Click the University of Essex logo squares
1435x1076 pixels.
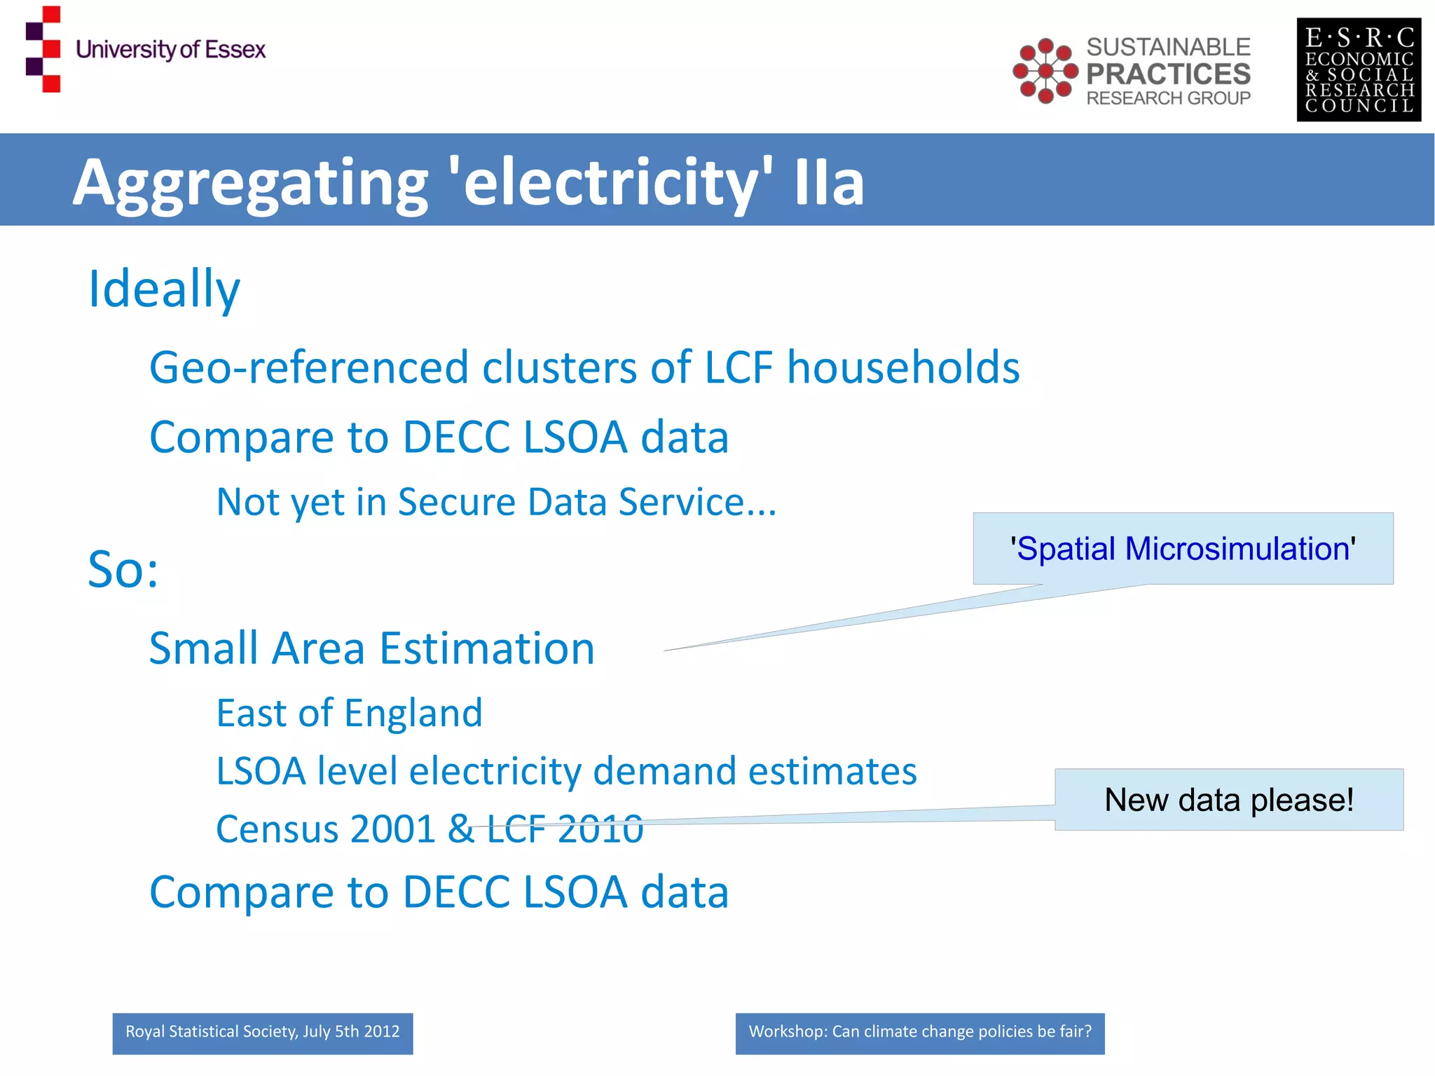43,49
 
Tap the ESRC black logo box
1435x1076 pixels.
1358,70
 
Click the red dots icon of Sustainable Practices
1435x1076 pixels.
1045,71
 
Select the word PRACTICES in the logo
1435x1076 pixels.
1168,74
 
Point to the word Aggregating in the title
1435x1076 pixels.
250,184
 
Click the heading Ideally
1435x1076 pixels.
164,290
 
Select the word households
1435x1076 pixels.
903,367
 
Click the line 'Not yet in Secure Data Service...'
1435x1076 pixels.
496,502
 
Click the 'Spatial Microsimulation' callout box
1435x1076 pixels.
1183,548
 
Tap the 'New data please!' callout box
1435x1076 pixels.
1229,800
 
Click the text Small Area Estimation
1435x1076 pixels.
371,648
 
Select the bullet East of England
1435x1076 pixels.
349,713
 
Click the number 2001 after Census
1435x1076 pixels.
393,829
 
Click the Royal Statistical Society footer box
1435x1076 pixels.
263,1033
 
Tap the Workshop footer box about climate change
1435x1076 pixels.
919,1033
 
